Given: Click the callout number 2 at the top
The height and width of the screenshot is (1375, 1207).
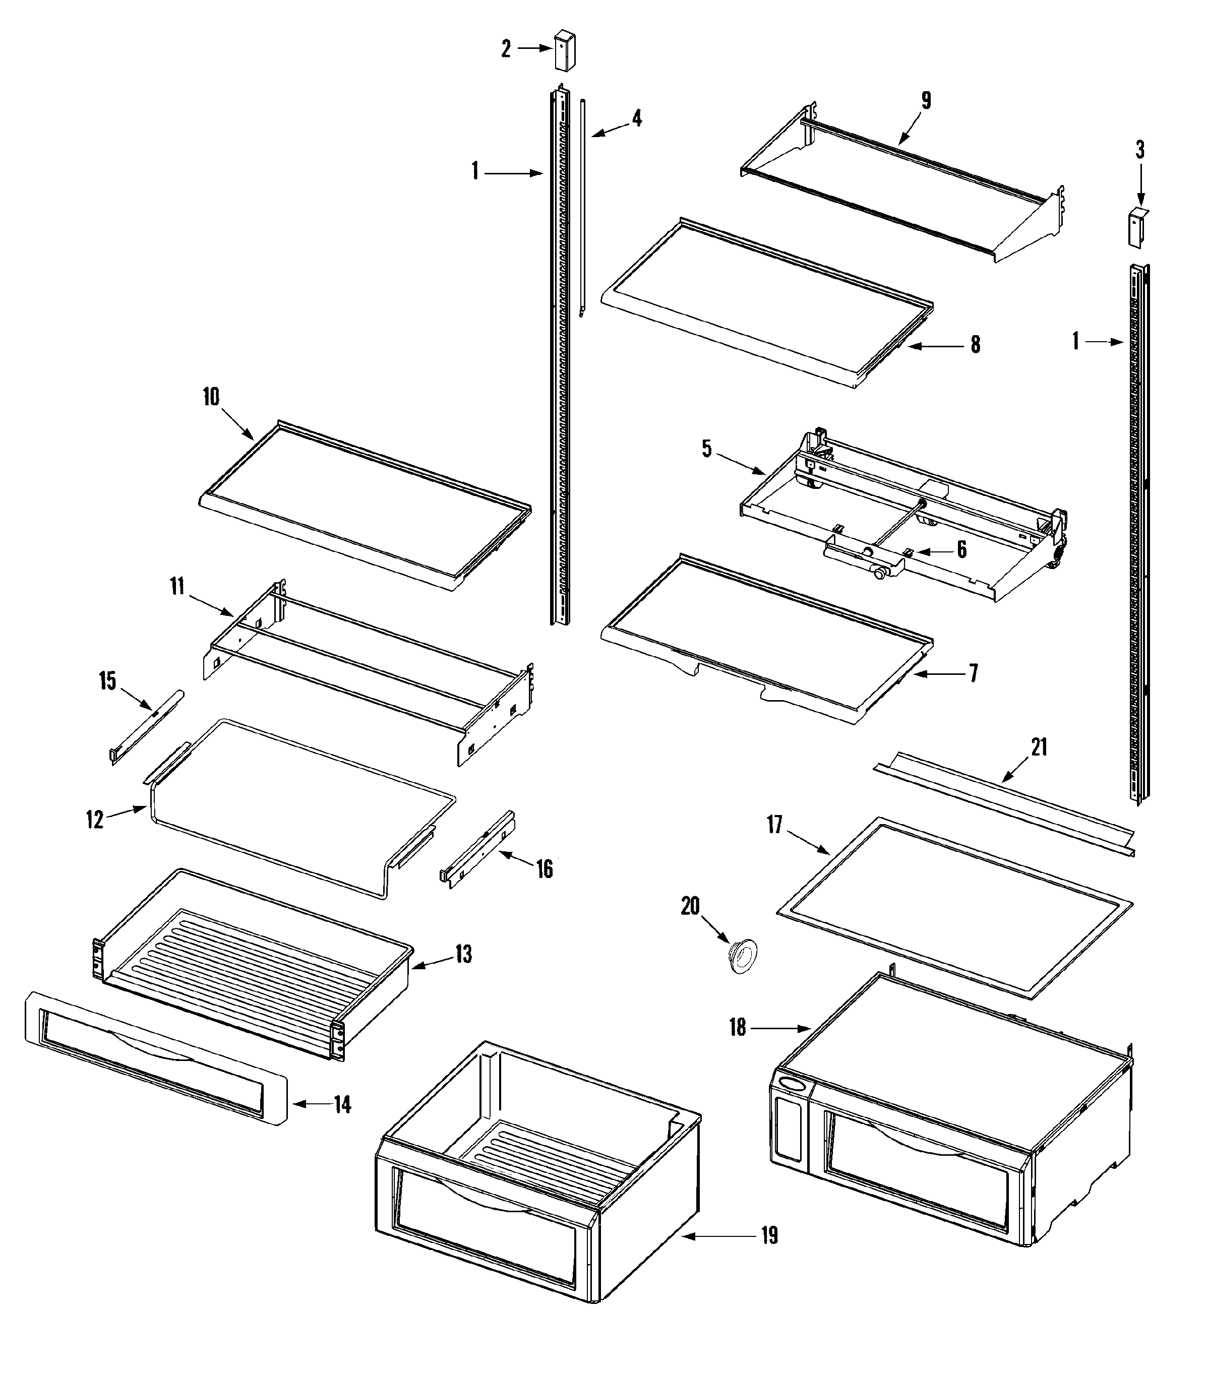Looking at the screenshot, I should pyautogui.click(x=506, y=48).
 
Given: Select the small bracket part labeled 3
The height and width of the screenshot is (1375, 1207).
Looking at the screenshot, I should pyautogui.click(x=1137, y=228).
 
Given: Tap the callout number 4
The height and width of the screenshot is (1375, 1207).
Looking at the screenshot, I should pyautogui.click(x=636, y=118).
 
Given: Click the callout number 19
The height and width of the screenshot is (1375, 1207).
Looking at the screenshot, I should pyautogui.click(x=768, y=1236).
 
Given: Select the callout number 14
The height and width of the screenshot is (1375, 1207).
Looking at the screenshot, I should pyautogui.click(x=342, y=1104).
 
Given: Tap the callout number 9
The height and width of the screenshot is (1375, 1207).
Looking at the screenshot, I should pyautogui.click(x=926, y=100).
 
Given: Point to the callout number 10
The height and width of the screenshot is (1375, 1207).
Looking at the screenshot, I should pyautogui.click(x=211, y=397).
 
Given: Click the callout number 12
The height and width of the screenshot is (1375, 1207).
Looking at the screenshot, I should pyautogui.click(x=94, y=820).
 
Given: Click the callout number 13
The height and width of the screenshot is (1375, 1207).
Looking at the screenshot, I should pyautogui.click(x=463, y=954).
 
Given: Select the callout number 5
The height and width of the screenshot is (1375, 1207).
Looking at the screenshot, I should pyautogui.click(x=706, y=449).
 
